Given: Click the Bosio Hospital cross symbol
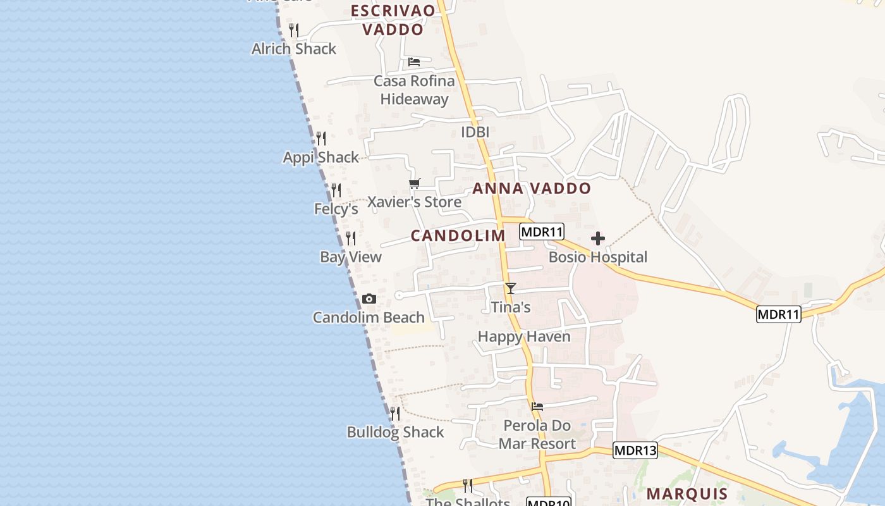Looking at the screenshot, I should (597, 238).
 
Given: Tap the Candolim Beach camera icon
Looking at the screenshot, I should (369, 299).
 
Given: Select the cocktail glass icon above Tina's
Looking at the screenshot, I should (511, 288).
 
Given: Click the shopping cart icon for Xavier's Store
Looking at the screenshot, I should (415, 184).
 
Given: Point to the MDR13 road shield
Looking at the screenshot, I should (635, 450).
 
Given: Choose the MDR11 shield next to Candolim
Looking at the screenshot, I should (542, 231).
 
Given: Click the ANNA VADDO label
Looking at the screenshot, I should (532, 188).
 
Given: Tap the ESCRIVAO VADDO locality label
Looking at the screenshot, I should (393, 20).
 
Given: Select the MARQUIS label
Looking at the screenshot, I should (687, 494).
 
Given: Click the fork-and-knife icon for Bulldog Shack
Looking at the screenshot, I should (395, 414).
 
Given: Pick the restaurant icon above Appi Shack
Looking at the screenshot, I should (321, 139).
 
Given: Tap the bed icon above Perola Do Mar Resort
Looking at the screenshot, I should (537, 406).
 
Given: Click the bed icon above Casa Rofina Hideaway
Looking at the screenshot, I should (414, 62).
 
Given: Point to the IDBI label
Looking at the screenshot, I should (475, 132).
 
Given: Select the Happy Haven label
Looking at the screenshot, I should (524, 336).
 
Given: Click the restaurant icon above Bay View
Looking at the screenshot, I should (351, 238).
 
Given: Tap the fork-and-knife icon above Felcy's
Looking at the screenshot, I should (336, 190).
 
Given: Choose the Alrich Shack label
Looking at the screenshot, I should (294, 49).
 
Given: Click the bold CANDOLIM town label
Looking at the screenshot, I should (458, 236).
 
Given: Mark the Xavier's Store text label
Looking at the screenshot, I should (415, 202).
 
